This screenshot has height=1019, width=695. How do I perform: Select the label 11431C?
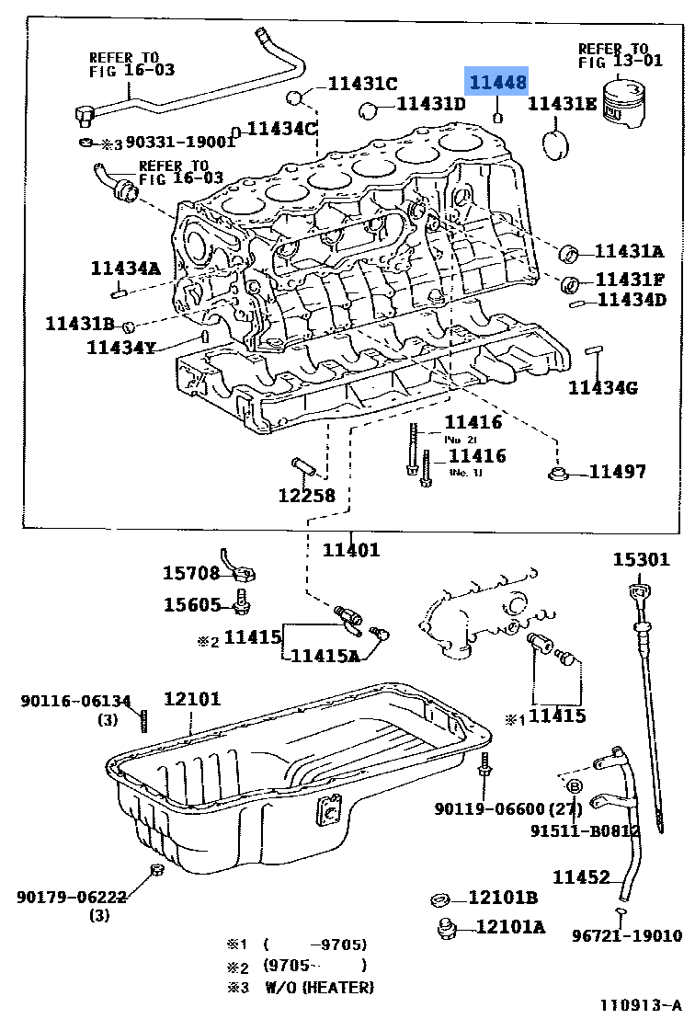point(362,84)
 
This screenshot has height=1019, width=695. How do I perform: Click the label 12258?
point(306,496)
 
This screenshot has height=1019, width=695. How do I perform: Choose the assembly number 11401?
point(350,550)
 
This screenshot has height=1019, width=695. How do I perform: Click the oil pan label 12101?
point(192,699)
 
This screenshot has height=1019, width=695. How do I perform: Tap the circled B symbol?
point(574,785)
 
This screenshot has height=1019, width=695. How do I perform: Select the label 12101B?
point(503,898)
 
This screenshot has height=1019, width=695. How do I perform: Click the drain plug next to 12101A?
point(448,926)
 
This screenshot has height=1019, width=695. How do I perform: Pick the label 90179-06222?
point(71,897)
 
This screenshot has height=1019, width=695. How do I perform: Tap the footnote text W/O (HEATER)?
point(319,988)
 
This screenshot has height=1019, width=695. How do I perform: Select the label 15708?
point(191,573)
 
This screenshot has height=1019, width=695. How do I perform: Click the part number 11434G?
point(602,388)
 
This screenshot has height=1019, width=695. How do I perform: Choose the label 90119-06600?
point(490,808)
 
